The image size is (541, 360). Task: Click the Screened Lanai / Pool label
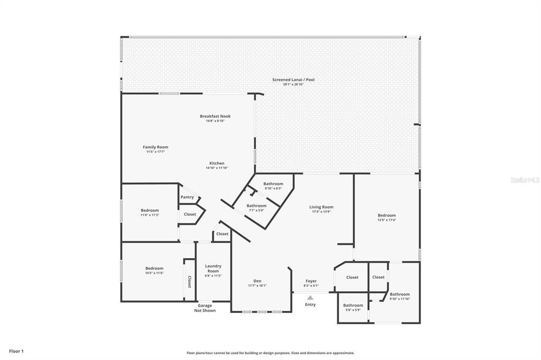tap(293, 80)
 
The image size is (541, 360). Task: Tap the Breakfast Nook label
tap(215, 116)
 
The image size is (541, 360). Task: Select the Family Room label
tap(155, 147)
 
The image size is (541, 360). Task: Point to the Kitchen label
tap(217, 164)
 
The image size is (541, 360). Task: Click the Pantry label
tap(187, 197)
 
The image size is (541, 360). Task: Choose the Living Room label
tap(321, 207)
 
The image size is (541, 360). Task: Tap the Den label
tap(257, 281)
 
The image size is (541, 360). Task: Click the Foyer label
tap(311, 281)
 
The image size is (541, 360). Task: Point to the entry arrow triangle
tap(310, 298)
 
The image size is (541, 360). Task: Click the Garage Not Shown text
tap(205, 308)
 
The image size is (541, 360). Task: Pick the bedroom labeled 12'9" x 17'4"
tap(386, 215)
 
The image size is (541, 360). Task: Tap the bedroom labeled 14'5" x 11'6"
tap(154, 268)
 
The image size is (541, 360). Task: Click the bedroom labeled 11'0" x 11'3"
tap(150, 211)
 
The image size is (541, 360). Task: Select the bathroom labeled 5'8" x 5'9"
tap(353, 305)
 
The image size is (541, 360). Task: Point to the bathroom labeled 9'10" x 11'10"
tap(399, 295)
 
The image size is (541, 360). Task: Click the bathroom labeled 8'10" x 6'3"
tap(273, 184)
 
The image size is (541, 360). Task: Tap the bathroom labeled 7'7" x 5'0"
tap(256, 206)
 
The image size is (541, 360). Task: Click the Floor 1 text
tap(16, 351)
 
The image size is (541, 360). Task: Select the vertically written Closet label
tap(190, 282)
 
